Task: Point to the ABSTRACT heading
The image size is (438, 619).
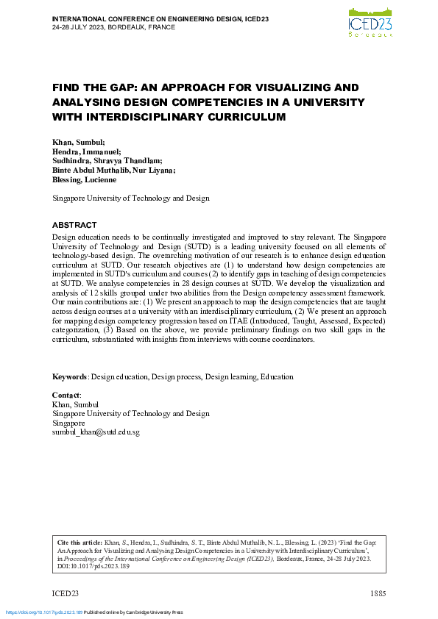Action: click(x=74, y=224)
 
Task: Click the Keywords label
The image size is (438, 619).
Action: click(x=69, y=377)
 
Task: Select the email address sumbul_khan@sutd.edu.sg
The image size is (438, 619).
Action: click(x=96, y=432)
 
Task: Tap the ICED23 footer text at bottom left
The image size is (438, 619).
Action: click(x=65, y=593)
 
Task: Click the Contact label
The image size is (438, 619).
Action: click(x=66, y=395)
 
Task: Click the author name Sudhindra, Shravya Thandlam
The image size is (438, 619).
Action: click(x=107, y=160)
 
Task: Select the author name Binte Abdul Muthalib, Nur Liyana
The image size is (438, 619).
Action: click(x=113, y=170)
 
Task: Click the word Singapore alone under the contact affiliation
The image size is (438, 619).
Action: click(x=68, y=423)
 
